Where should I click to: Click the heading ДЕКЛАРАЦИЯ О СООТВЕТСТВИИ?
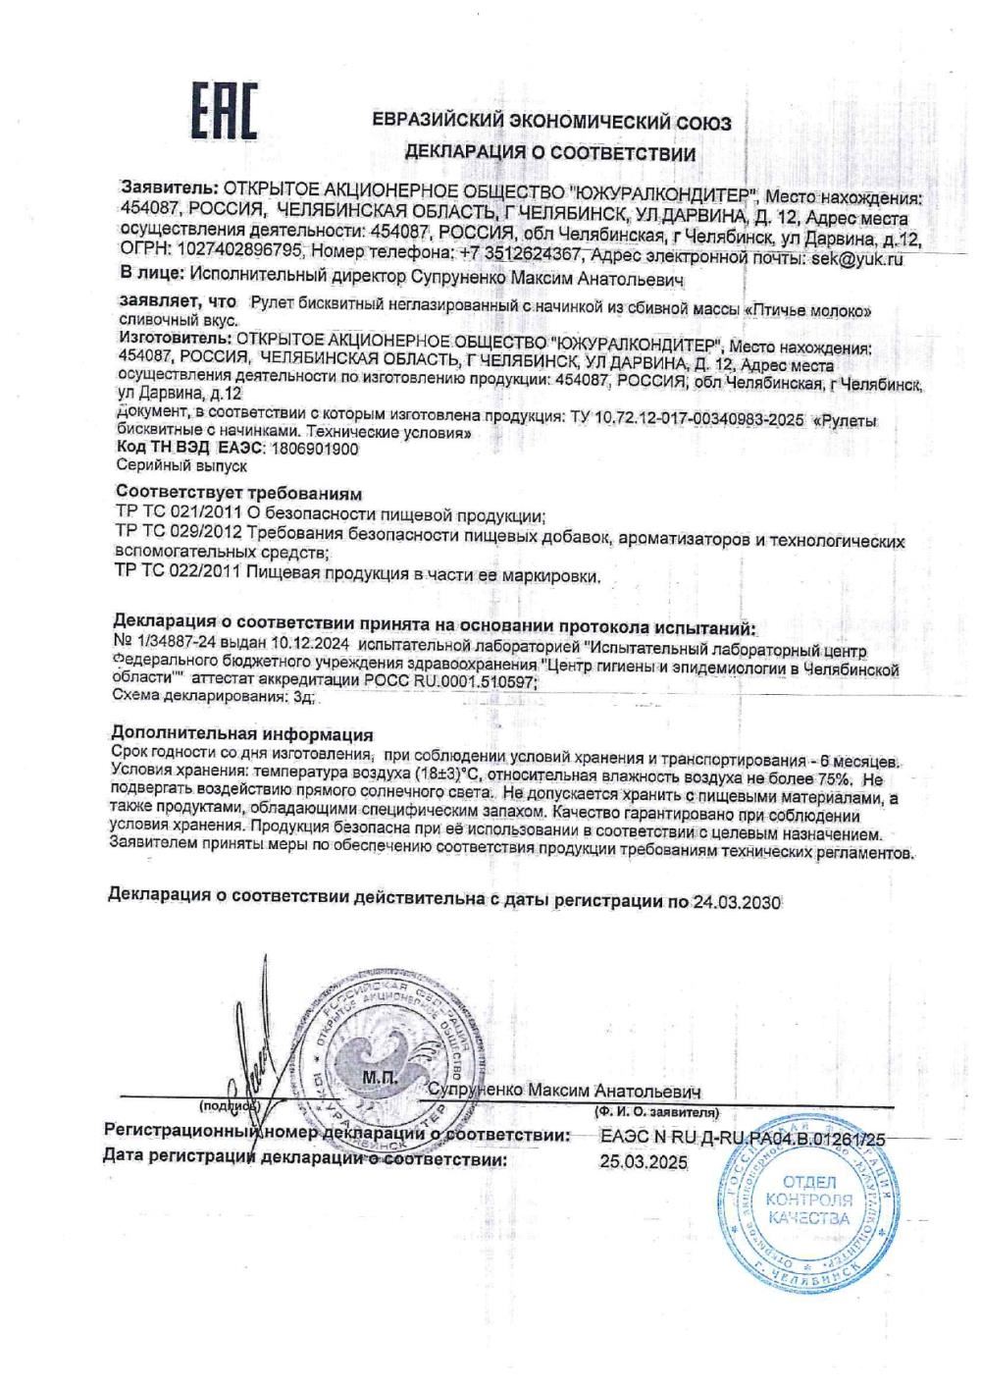pyautogui.click(x=550, y=153)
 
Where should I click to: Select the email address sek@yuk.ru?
pyautogui.click(x=854, y=259)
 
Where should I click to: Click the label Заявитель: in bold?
pyautogui.click(x=166, y=187)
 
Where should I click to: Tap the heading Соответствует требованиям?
pyautogui.click(x=239, y=491)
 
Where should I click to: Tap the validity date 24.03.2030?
pyautogui.click(x=732, y=900)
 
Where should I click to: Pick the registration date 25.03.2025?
pyautogui.click(x=643, y=1162)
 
